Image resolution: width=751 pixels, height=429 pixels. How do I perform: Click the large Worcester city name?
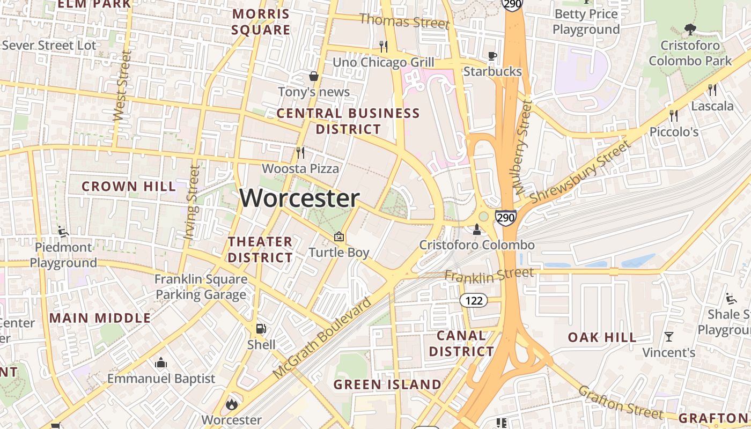pyautogui.click(x=299, y=198)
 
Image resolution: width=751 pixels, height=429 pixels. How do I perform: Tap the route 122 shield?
pyautogui.click(x=474, y=300)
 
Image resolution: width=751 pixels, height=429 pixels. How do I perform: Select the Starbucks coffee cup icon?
pyautogui.click(x=492, y=56)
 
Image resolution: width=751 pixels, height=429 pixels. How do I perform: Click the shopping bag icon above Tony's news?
pyautogui.click(x=314, y=77)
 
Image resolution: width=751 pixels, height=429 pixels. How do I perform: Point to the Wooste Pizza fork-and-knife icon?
pyautogui.click(x=300, y=153)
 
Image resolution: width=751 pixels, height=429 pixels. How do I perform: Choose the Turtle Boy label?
pyautogui.click(x=339, y=252)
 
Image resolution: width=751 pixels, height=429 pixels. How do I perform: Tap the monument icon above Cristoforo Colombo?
pyautogui.click(x=476, y=230)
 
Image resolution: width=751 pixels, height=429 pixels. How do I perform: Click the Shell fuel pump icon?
pyautogui.click(x=261, y=329)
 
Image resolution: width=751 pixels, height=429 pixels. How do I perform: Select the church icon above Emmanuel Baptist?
pyautogui.click(x=161, y=363)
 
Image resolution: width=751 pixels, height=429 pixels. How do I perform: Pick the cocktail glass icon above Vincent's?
pyautogui.click(x=669, y=337)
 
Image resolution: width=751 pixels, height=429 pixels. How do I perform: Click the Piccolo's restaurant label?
pyautogui.click(x=674, y=131)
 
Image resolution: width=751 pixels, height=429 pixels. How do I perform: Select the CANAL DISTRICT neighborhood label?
pyautogui.click(x=461, y=344)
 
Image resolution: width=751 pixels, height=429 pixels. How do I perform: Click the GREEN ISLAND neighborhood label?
pyautogui.click(x=387, y=384)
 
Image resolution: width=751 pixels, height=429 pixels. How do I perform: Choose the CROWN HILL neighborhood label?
pyautogui.click(x=129, y=187)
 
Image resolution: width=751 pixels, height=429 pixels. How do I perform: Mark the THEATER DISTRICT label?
pyautogui.click(x=260, y=249)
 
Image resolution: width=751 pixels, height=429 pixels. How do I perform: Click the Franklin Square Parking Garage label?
pyautogui.click(x=201, y=287)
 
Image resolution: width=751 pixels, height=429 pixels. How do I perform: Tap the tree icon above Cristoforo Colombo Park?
pyautogui.click(x=690, y=29)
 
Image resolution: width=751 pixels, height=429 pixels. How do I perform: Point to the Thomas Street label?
pyautogui.click(x=404, y=21)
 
